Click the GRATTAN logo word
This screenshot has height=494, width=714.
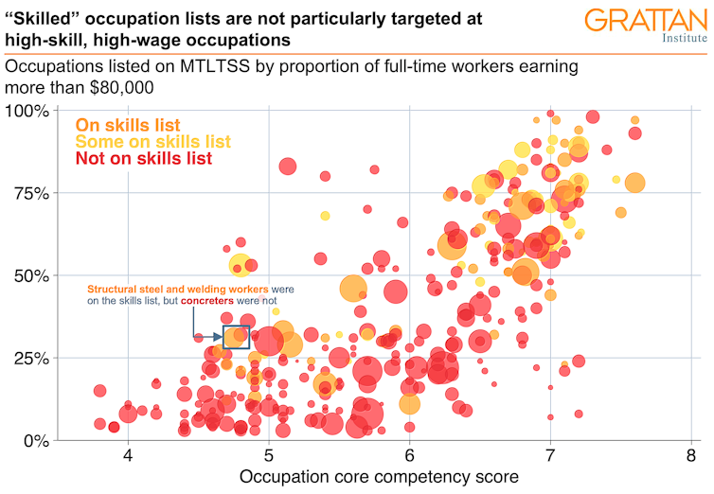[x=644, y=21]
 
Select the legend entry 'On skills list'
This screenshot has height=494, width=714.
[x=128, y=125]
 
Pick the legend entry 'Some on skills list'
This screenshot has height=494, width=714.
[x=152, y=142]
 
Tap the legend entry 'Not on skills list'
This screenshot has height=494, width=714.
[x=143, y=159]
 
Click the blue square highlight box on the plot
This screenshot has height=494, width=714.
[x=236, y=337]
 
